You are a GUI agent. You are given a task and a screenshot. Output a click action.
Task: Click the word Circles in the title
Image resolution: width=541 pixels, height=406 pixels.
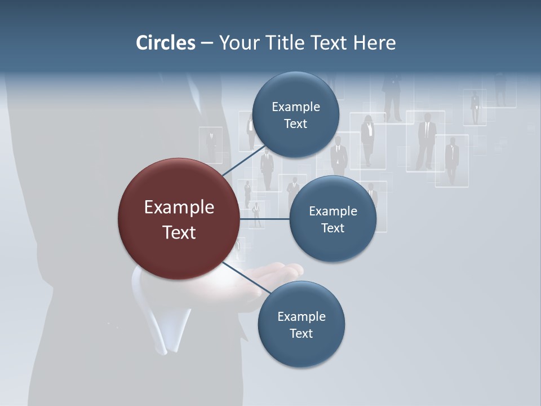pyautogui.click(x=165, y=43)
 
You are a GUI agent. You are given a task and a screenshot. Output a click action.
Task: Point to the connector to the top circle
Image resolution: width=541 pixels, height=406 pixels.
pyautogui.click(x=243, y=161)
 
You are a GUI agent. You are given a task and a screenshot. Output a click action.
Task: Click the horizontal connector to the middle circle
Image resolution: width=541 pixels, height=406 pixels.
pyautogui.click(x=264, y=219)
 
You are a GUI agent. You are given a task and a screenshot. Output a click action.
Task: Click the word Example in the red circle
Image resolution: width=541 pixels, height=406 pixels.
pyautogui.click(x=179, y=208)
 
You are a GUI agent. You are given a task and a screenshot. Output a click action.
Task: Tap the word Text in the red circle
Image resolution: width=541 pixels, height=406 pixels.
pyautogui.click(x=179, y=232)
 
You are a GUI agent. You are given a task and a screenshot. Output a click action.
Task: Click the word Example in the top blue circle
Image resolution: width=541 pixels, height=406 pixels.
pyautogui.click(x=296, y=107)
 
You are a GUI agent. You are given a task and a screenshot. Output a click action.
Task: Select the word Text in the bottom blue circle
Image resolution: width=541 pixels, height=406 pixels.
pyautogui.click(x=301, y=333)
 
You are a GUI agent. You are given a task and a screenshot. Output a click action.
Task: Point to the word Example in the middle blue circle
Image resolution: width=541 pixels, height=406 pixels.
pyautogui.click(x=332, y=211)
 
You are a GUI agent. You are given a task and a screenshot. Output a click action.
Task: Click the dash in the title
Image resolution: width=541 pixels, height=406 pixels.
pyautogui.click(x=206, y=43)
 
